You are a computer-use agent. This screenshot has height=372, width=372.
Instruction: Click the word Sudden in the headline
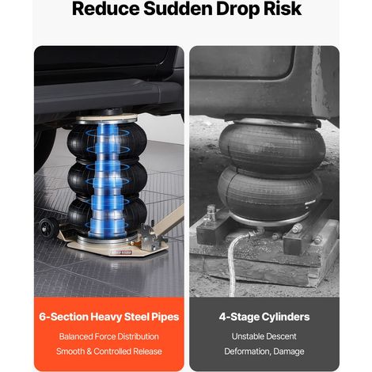coord(177,9)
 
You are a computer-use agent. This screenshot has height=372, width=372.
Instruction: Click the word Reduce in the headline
coord(106,9)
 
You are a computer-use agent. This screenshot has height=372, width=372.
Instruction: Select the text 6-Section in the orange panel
coord(63,317)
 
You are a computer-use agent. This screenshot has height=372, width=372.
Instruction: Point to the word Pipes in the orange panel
coord(165,317)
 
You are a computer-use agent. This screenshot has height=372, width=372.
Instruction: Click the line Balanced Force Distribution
coord(109,336)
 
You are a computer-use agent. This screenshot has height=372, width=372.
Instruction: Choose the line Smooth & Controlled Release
coord(109,351)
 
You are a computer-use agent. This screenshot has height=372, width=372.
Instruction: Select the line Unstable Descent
coord(264,336)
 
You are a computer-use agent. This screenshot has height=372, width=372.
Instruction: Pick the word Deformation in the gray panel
coord(248,351)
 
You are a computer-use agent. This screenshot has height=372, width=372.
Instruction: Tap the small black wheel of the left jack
coord(47,226)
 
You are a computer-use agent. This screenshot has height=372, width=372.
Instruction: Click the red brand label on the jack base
coord(121,252)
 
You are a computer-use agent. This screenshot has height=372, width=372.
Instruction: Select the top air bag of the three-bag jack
coord(107,142)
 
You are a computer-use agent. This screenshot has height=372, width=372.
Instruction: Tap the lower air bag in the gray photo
coord(271,195)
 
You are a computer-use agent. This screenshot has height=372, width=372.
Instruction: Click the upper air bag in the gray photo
coord(271,148)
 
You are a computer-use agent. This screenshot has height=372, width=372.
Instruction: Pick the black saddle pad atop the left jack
coord(110,112)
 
